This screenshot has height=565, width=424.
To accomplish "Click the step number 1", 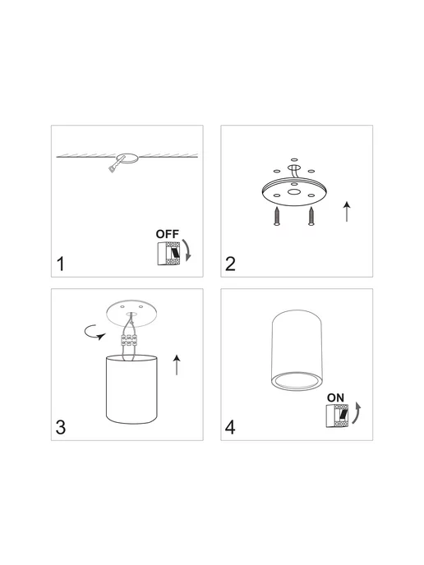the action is [x=61, y=264].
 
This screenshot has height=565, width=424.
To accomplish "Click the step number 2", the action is [x=230, y=264].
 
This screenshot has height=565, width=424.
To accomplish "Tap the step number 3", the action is [x=61, y=427].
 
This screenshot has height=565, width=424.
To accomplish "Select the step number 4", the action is [x=230, y=427].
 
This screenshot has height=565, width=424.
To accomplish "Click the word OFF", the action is [x=168, y=234].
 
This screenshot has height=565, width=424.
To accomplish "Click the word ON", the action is [x=335, y=397].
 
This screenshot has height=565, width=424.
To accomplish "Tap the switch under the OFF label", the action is [x=168, y=254].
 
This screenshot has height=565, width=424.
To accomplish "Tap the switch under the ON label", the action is [x=338, y=416].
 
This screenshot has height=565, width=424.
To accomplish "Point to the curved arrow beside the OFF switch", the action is [x=187, y=250].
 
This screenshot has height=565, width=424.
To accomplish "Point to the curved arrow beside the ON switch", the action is [x=357, y=413].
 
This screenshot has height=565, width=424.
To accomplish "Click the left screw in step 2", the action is [x=277, y=217].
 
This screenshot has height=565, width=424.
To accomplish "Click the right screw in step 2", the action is [x=311, y=217].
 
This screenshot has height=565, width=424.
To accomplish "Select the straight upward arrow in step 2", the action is [x=347, y=212].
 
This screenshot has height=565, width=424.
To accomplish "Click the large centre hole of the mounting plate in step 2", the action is [x=294, y=191].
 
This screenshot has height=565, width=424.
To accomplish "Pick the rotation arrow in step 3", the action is [x=94, y=333].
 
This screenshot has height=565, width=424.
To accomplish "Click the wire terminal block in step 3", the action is [x=129, y=340].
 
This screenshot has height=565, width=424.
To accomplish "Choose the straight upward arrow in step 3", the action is [x=177, y=365].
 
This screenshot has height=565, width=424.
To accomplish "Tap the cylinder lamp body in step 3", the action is [x=131, y=389].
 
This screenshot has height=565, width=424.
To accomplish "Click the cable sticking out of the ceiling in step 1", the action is [x=117, y=165].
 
